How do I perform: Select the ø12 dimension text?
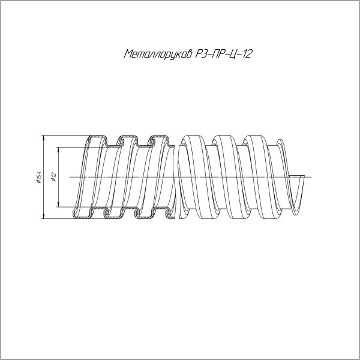53,176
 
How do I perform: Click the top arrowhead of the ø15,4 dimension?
44,137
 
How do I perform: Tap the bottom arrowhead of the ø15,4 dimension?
44,217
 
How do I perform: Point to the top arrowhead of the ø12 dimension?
58,149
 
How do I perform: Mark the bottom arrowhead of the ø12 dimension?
58,206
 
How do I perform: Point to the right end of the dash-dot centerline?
311,176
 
